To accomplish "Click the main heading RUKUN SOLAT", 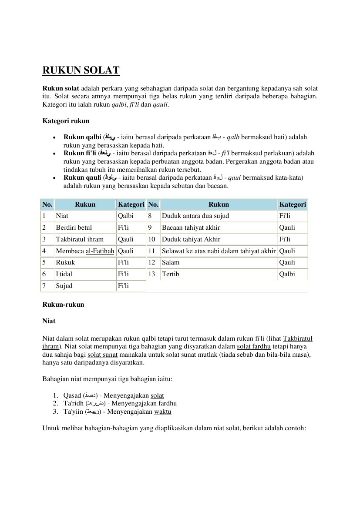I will (x=81, y=70).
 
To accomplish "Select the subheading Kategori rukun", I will (x=66, y=121).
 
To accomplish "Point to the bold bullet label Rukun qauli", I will (x=82, y=177).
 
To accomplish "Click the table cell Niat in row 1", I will (x=62, y=216).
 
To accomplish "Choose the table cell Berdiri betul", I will (x=74, y=228).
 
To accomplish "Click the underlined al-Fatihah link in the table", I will (x=100, y=251).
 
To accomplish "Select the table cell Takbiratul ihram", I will (x=80, y=239).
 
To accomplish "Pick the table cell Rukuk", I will (x=65, y=262).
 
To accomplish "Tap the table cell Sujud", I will (x=64, y=286).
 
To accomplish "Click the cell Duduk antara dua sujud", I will (x=195, y=216).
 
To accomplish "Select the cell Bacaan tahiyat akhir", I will (x=191, y=228).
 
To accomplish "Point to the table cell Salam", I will (x=170, y=262).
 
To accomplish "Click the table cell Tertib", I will (x=170, y=274).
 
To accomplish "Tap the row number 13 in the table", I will (x=151, y=274).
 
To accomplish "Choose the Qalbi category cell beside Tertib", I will (x=287, y=274).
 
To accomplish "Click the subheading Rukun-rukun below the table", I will (x=63, y=305).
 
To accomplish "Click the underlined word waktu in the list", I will (x=162, y=412).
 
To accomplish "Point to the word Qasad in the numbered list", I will (x=72, y=395).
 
